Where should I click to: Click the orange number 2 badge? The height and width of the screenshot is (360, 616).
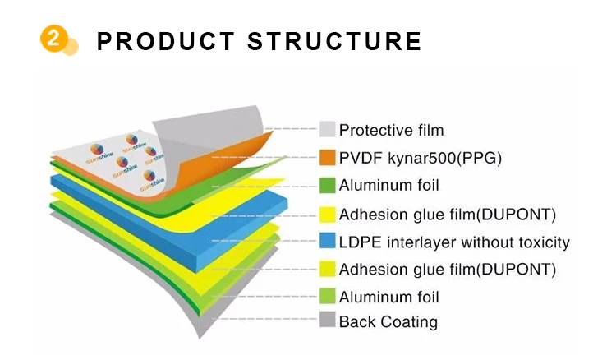coord(53,39)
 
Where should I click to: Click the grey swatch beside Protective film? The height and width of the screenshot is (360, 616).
coord(328,129)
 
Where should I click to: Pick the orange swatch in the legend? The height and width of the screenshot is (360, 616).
coord(328,156)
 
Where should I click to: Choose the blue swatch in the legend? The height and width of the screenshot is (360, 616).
coord(328,242)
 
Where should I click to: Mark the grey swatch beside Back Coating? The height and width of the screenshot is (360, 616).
coord(328,321)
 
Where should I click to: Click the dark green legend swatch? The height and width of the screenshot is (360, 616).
coord(328,185)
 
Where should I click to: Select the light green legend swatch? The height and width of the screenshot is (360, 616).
coord(328,296)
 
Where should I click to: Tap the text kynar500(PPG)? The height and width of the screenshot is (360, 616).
coord(443,157)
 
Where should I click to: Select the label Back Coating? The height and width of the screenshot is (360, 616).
coord(388,321)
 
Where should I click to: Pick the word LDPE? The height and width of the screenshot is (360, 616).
coord(358,242)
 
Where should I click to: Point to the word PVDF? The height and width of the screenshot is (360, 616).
coord(359,157)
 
